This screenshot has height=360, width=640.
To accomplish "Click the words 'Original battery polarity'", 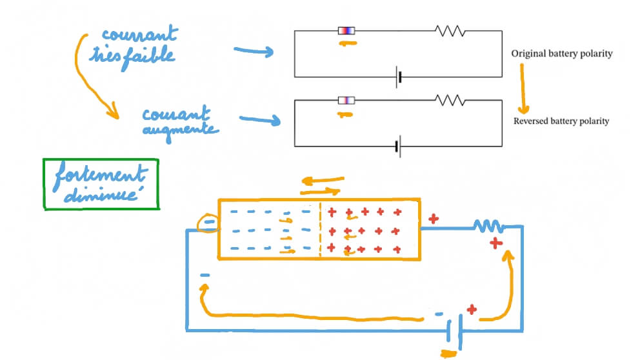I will point(561,54).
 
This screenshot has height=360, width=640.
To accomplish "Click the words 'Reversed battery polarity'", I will point(561,121).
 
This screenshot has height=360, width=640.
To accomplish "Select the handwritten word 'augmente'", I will point(181,129).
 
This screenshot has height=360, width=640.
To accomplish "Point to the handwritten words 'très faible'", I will point(139,57).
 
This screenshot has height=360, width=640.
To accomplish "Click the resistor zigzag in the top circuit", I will point(450,31).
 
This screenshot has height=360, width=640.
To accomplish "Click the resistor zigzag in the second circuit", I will point(450,100).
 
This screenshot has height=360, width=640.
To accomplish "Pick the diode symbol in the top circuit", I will point(346,30).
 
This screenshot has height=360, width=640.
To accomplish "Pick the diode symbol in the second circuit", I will point(346,100).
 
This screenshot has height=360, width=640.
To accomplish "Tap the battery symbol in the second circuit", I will point(399,147).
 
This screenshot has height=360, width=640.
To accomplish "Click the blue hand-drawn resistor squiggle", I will point(488,226).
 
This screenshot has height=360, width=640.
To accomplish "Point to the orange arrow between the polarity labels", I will point(523,89).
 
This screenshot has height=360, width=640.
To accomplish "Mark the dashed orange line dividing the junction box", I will point(321,230).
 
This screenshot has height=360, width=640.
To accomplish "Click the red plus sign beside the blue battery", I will point(472,310).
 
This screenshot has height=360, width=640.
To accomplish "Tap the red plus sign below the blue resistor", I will point(495,243).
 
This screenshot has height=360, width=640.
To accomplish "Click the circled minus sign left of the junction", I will point(208,223).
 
